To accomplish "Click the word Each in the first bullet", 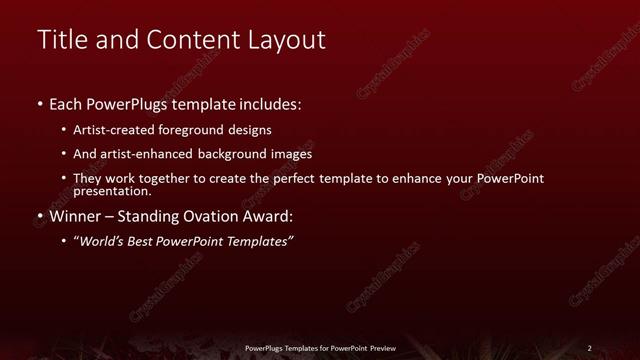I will coord(68,103).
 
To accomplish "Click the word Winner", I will coord(76,215).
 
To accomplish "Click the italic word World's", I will coord(102,241).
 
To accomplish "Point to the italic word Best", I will coord(145,241).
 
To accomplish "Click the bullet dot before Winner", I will coord(39,216).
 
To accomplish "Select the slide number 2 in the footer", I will coord(589,348).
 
